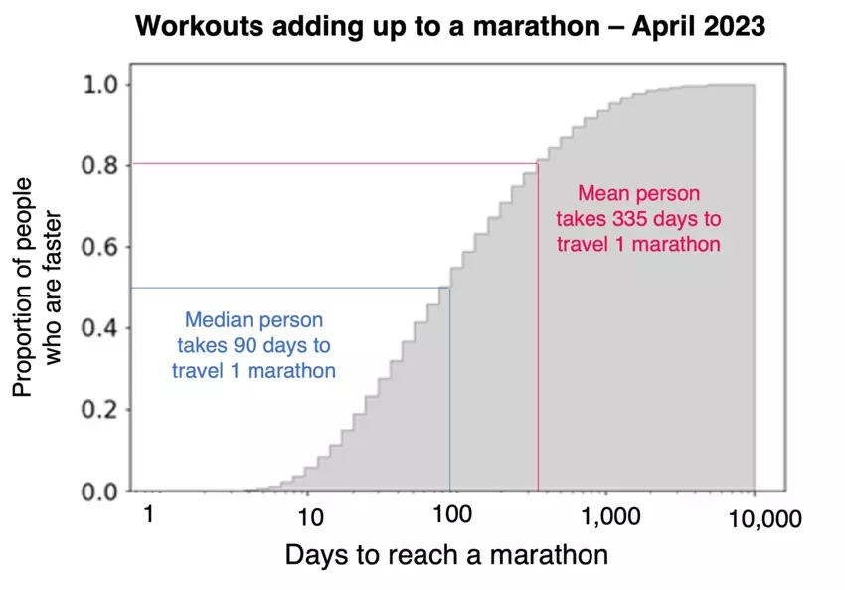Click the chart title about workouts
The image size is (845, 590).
449,27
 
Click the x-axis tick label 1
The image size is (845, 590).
150,515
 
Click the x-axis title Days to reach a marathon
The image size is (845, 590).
446,554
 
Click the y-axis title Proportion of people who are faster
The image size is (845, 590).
38,288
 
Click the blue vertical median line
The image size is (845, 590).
450,398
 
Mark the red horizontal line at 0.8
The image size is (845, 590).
328,164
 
